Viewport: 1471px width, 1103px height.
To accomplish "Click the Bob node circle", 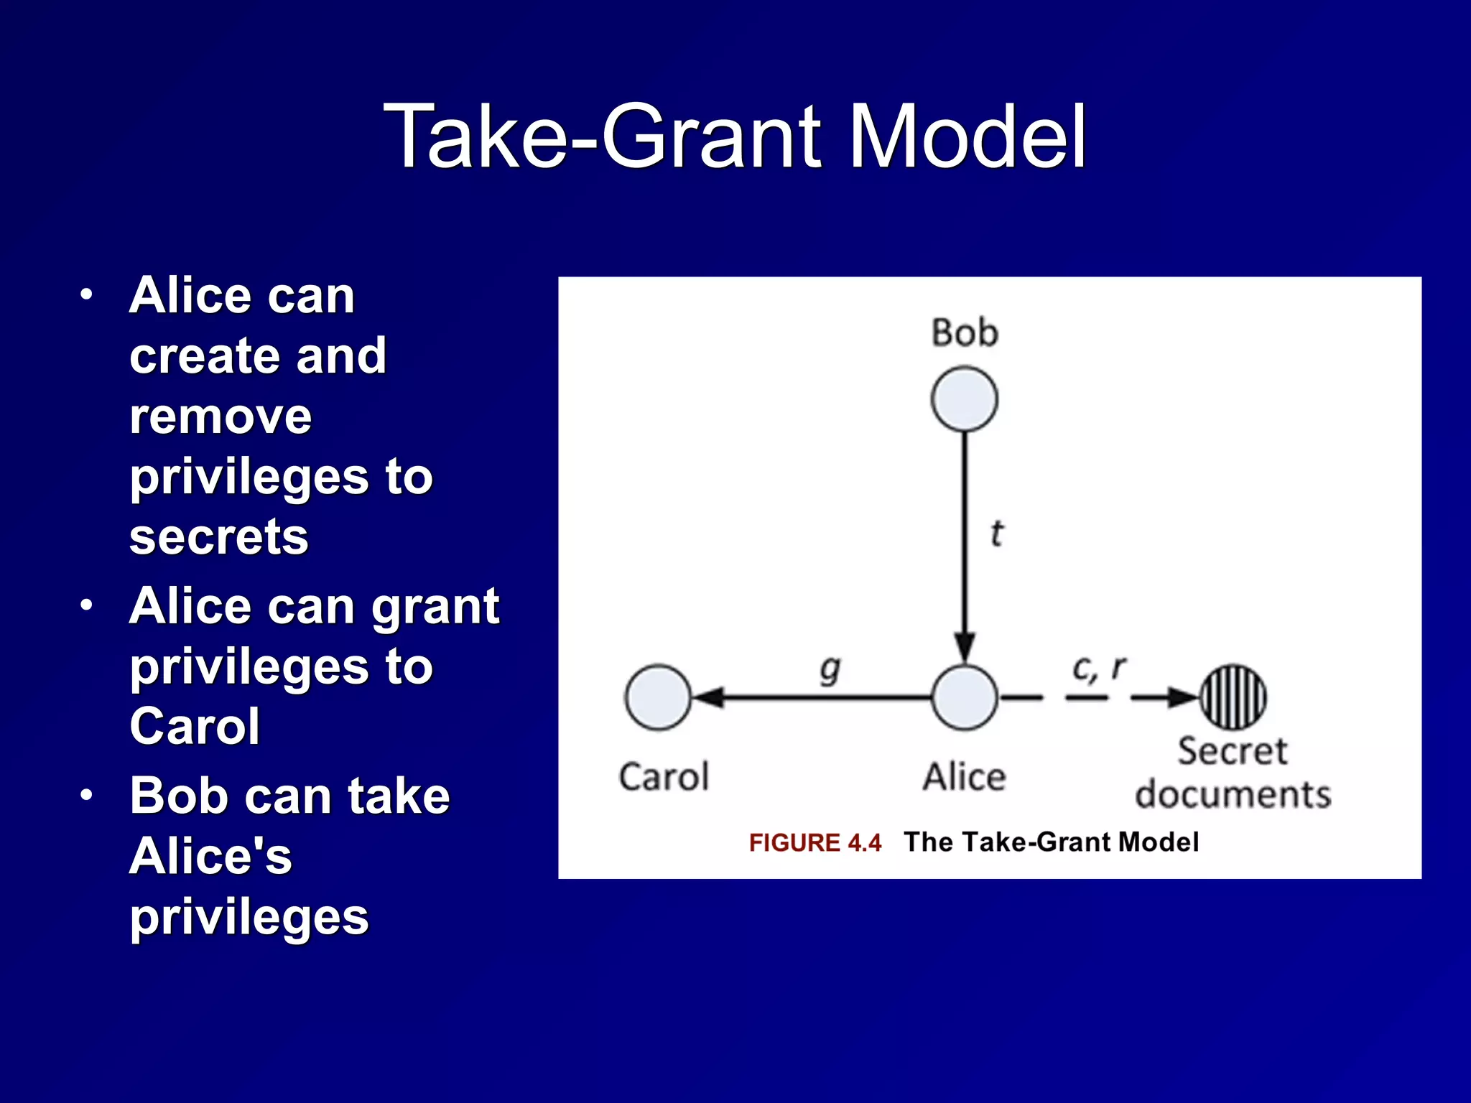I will pyautogui.click(x=964, y=399).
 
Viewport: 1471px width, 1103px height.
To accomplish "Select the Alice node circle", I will pyautogui.click(x=964, y=697).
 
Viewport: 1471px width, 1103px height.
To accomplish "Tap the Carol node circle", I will pyautogui.click(x=658, y=697).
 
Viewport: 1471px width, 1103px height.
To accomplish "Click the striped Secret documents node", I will pyautogui.click(x=1233, y=697).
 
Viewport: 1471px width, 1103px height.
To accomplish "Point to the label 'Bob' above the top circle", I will pyautogui.click(x=965, y=333).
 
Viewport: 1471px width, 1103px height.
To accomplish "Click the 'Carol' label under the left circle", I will pyautogui.click(x=664, y=777).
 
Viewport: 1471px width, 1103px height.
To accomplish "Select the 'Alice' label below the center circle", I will pyautogui.click(x=964, y=777).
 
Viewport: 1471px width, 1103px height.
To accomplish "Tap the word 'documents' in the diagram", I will pyautogui.click(x=1233, y=795).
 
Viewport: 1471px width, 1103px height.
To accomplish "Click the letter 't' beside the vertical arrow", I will pyautogui.click(x=996, y=534).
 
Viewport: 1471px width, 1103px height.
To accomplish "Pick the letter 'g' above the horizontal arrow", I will pyautogui.click(x=830, y=670).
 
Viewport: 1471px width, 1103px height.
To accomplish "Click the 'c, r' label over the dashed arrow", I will pyautogui.click(x=1099, y=668).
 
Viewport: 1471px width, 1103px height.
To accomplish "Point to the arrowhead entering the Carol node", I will pyautogui.click(x=709, y=697).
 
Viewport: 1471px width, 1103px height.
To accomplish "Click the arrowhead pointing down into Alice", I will pyautogui.click(x=965, y=646).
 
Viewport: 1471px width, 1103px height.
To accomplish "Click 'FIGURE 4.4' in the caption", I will pyautogui.click(x=815, y=842).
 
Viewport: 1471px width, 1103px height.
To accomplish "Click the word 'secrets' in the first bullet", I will pyautogui.click(x=219, y=536).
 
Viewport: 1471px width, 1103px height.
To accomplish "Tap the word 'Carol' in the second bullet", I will pyautogui.click(x=195, y=726).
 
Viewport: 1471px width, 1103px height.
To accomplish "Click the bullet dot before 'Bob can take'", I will pyautogui.click(x=87, y=795).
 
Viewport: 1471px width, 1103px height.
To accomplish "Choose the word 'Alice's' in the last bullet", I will pyautogui.click(x=210, y=856).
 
